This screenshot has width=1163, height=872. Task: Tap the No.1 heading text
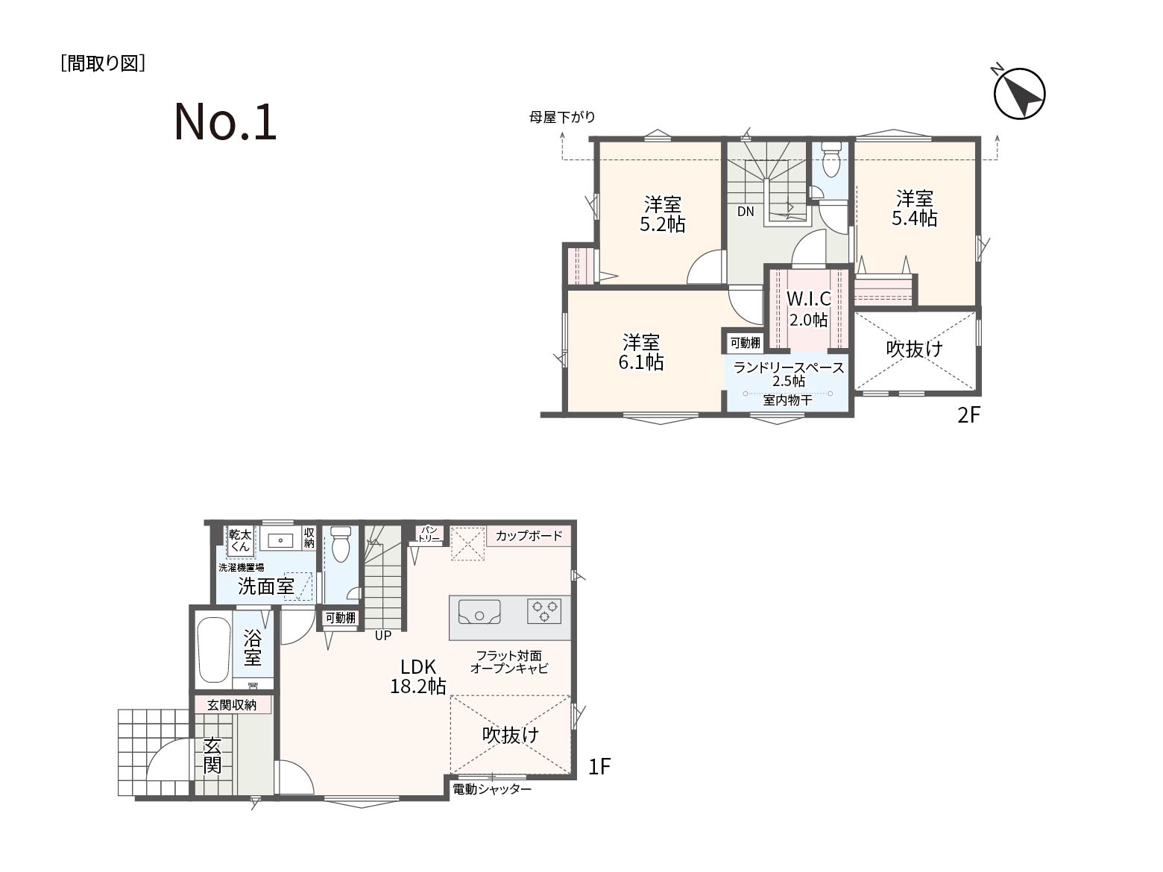click(x=225, y=121)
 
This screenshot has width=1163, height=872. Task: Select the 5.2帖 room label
click(x=662, y=215)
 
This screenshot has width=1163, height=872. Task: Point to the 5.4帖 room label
click(x=915, y=209)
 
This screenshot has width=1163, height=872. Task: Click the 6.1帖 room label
click(x=641, y=352)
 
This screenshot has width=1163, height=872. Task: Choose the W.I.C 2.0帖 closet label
click(x=809, y=309)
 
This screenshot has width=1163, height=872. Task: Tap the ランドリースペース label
click(x=789, y=367)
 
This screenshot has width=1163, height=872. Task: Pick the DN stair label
click(x=746, y=212)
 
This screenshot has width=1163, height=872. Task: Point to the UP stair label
click(x=383, y=635)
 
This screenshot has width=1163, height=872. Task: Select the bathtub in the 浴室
click(x=214, y=650)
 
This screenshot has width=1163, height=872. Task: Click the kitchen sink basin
click(x=479, y=612)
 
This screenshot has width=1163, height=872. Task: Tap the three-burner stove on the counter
click(x=544, y=611)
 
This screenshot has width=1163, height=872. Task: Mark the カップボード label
click(x=529, y=536)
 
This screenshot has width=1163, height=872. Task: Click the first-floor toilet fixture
click(x=341, y=544)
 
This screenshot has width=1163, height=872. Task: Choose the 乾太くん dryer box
click(x=241, y=541)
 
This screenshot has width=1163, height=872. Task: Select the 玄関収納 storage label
click(x=232, y=705)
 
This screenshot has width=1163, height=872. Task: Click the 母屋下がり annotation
click(x=562, y=117)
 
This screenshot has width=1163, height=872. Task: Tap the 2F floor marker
click(x=968, y=416)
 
